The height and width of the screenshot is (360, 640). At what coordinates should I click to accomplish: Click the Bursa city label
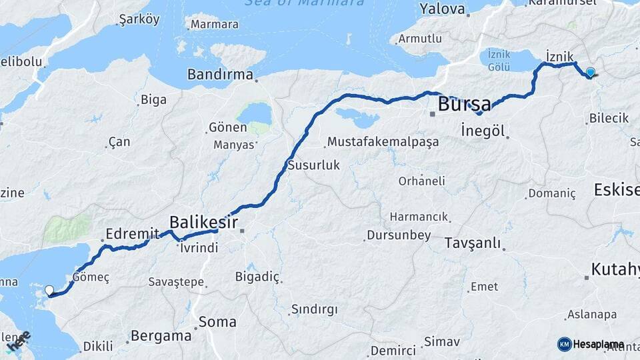[x=464, y=105]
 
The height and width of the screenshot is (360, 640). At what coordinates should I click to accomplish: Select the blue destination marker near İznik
[x=590, y=73]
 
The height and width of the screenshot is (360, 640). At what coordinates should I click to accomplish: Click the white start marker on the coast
[x=49, y=291]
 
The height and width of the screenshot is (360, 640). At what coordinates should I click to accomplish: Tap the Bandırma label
[x=220, y=74]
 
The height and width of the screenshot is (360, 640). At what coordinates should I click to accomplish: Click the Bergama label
[x=161, y=335]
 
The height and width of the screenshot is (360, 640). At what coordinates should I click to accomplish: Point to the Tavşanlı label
[x=472, y=243]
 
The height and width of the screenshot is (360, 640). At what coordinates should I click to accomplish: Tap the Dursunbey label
[x=399, y=236]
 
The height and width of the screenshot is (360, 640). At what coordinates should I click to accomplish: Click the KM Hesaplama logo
[x=590, y=344]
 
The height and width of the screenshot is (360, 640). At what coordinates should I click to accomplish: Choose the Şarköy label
[x=139, y=19]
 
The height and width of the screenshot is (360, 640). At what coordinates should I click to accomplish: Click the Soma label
[x=217, y=321]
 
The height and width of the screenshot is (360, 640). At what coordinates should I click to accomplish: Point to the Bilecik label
[x=609, y=118]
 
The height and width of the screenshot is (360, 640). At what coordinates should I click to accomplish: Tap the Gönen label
[x=227, y=127]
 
